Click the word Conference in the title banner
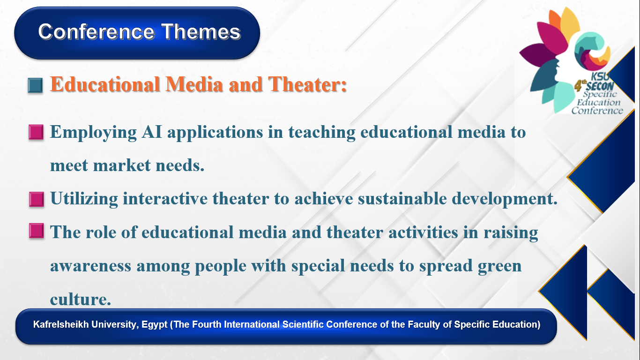point(97,31)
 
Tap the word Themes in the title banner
point(201,31)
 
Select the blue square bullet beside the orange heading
point(36,85)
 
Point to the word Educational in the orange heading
point(105,84)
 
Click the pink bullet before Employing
point(36,132)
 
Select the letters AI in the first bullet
point(152,132)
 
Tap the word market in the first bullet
point(122,165)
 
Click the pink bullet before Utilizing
point(37,199)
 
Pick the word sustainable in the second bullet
point(402,198)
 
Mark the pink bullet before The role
point(37,231)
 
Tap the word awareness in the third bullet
point(90,266)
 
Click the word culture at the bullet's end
point(81,300)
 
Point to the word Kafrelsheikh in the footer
point(61,324)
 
